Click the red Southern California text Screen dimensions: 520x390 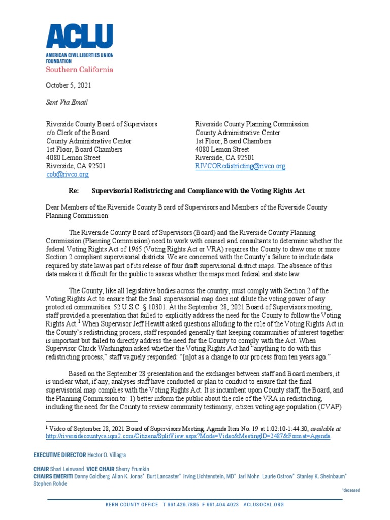coord(79,69)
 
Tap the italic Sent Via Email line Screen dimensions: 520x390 coord(67,102)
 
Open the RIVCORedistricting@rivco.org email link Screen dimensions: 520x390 coord(240,166)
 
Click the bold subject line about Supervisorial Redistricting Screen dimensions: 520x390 coord(198,191)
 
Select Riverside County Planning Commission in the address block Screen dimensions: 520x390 coord(251,124)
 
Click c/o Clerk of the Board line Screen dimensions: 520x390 coord(78,133)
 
